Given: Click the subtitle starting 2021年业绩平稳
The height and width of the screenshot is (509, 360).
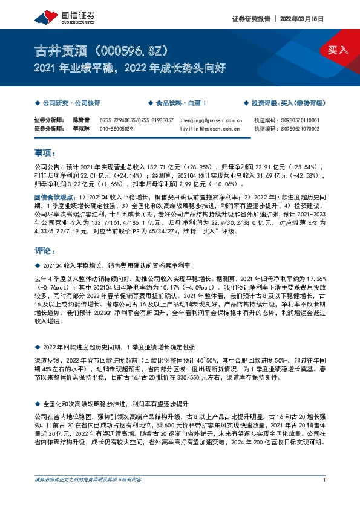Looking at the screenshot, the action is [131, 68].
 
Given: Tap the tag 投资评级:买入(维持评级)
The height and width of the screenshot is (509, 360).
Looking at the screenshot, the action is [287, 103].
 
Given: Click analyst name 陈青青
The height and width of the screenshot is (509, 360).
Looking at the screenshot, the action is [82, 120].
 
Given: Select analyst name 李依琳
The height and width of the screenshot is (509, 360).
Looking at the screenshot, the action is [82, 129].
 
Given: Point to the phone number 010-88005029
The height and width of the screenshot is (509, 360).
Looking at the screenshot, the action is [116, 129].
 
